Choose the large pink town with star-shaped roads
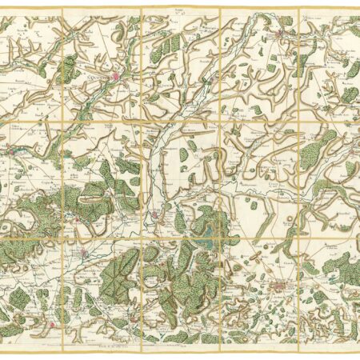[x=279, y=286]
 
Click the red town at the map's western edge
[x=10, y=148]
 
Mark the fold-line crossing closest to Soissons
[x=141, y=122]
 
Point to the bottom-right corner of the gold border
[x=357, y=345]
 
